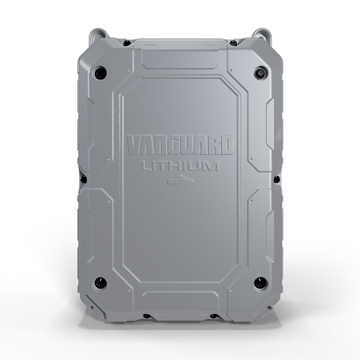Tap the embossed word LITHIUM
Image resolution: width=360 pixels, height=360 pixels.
[180, 167]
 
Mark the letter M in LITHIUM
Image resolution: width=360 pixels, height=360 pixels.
[212, 167]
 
